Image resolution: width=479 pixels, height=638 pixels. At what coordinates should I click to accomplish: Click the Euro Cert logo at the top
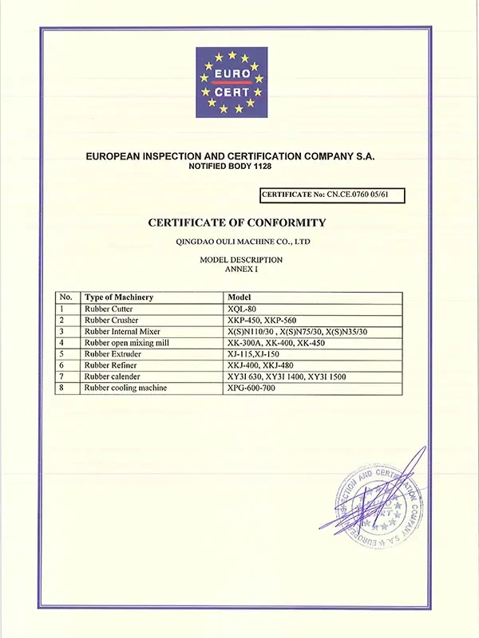pos(232,82)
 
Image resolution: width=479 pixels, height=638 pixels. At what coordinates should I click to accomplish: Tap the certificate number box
pos(333,195)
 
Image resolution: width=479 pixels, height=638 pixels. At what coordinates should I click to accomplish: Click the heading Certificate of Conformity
pos(237,223)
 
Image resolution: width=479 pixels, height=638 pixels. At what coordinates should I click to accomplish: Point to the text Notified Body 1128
pos(229,167)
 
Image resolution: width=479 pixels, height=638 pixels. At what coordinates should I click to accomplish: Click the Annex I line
pos(239,270)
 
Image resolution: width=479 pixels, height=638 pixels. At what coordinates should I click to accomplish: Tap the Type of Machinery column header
pos(120,297)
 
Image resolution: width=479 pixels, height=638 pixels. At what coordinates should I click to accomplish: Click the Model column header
pos(240,297)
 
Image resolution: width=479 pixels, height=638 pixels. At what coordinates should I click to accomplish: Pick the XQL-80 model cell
pos(240,309)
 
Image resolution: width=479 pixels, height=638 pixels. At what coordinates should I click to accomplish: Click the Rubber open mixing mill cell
pos(128,342)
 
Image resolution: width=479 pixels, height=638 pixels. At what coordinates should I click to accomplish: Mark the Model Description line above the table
pos(240,260)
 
